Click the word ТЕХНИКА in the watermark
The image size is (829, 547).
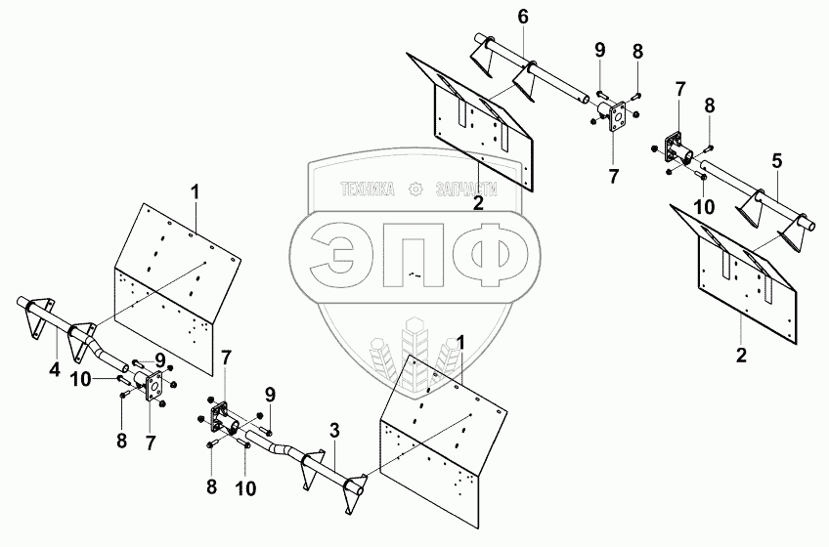pos(369,189)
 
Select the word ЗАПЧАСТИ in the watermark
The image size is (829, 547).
pos(466,189)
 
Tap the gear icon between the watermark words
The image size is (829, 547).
pos(416,189)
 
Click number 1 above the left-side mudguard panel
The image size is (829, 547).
pos(196,191)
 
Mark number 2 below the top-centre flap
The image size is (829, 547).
pos(478,203)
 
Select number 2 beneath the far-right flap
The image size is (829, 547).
pos(742,355)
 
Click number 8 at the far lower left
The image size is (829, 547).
pos(122,440)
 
